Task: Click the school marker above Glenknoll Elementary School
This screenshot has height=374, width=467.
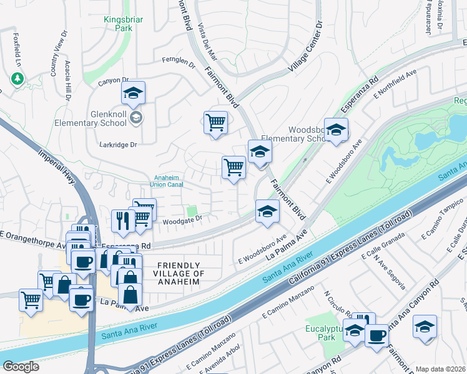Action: pyautogui.click(x=133, y=94)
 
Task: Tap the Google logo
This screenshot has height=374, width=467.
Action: pyautogui.click(x=21, y=366)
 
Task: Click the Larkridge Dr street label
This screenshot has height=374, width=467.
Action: pyautogui.click(x=118, y=145)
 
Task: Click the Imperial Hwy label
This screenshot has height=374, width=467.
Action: pyautogui.click(x=56, y=166)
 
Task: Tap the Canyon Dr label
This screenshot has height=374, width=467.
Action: pyautogui.click(x=113, y=80)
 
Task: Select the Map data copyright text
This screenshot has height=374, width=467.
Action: pyautogui.click(x=441, y=369)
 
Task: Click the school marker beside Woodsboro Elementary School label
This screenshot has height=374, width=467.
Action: pyautogui.click(x=336, y=130)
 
